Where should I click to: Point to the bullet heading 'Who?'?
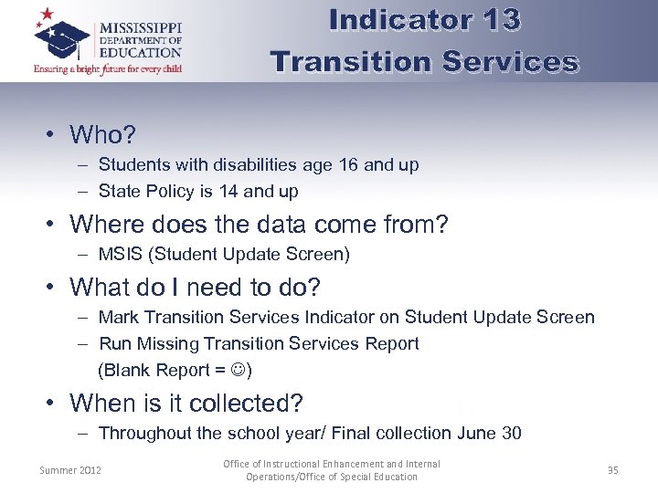102,135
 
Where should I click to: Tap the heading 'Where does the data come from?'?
259,224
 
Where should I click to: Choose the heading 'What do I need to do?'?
195,287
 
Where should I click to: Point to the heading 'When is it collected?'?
186,403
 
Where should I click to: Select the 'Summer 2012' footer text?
70,470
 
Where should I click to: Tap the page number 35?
612,470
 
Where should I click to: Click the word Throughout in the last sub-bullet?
146,434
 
